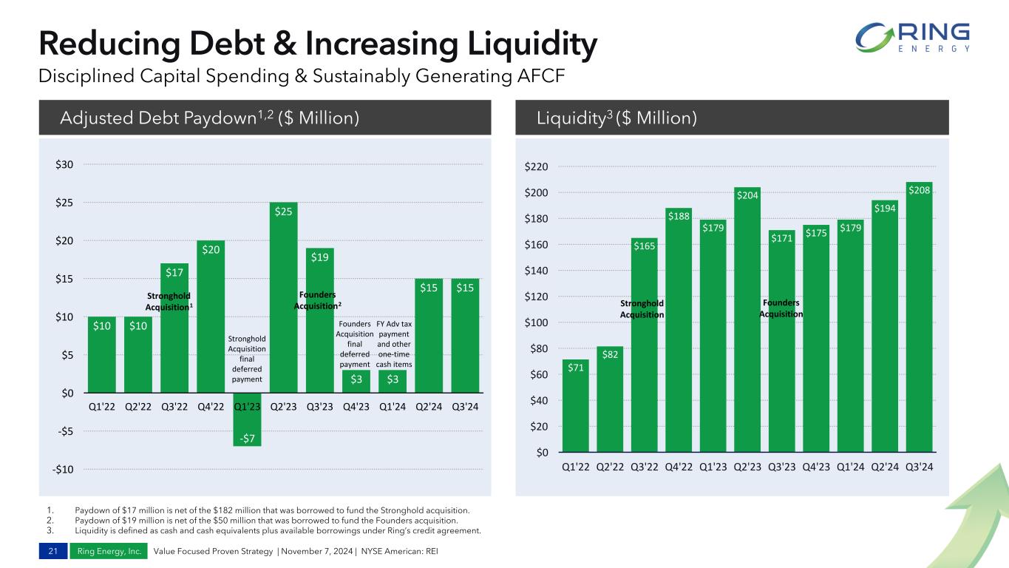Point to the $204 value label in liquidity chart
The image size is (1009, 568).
pos(747,195)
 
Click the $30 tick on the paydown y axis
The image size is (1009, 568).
pos(64,164)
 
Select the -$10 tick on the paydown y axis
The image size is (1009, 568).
pos(62,470)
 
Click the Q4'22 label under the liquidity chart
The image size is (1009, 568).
pos(679,467)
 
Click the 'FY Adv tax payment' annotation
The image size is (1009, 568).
pos(394,344)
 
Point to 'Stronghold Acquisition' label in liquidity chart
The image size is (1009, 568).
pos(642,309)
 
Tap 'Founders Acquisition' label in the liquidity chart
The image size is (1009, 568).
pos(782,308)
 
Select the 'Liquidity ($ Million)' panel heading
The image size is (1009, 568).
pos(616,118)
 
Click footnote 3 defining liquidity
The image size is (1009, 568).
pos(277,530)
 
